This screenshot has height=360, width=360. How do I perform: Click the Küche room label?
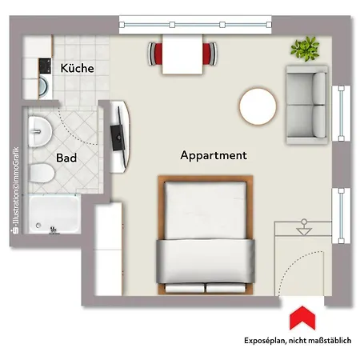[77, 68]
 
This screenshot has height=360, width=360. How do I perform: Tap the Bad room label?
[66, 158]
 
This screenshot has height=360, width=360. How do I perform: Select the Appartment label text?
[214, 155]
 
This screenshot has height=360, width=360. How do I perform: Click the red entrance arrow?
[302, 318]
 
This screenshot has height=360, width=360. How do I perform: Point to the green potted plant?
[305, 49]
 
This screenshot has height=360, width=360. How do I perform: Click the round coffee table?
[258, 106]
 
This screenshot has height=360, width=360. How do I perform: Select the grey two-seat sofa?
[307, 105]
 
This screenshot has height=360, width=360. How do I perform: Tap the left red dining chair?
[155, 54]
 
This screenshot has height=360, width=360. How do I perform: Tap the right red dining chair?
[210, 54]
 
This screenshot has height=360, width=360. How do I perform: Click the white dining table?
[182, 54]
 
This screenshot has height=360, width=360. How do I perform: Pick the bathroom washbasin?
[40, 131]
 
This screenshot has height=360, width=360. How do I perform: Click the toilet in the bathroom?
[42, 173]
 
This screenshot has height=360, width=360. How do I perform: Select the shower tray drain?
[38, 226]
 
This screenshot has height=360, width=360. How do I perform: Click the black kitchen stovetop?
[45, 66]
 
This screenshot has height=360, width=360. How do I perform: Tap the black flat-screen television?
[118, 137]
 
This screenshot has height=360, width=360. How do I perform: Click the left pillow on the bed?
[185, 288]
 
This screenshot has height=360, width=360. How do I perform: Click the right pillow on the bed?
[226, 288]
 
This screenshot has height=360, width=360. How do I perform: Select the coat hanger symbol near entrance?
[304, 227]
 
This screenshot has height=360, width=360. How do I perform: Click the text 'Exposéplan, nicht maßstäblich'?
[298, 341]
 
